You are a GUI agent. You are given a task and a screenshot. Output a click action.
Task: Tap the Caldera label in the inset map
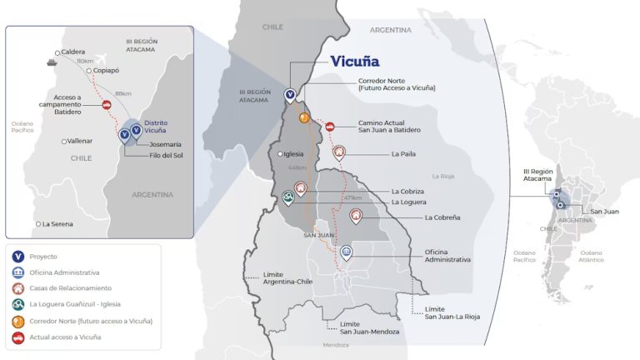coord(73,52)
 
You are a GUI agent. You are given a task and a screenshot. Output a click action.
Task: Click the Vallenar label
coord(81,141)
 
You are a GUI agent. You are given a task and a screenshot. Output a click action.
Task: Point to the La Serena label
coord(57,223)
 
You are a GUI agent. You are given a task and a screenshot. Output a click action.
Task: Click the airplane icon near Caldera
coord(102,53)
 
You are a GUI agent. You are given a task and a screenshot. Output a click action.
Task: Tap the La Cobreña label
coord(442,217)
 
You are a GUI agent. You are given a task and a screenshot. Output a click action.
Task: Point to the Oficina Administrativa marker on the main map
coord(347,252)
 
